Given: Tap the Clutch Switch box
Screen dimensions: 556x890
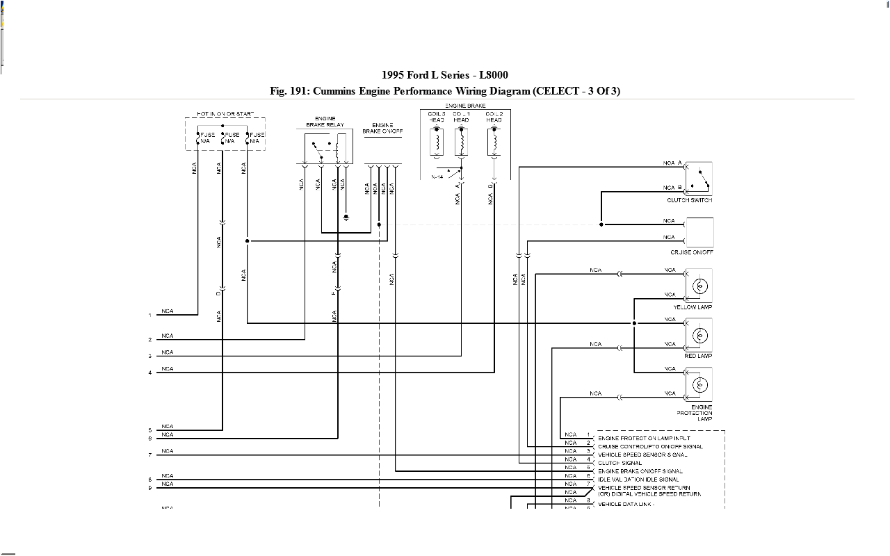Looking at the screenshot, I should tap(699, 179).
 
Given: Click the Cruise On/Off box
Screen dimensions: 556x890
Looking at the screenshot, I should tap(699, 232).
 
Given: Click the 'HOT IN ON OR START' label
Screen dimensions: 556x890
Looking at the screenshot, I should tap(225, 113).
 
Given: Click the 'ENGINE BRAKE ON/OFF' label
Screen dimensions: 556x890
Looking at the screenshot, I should tap(382, 128).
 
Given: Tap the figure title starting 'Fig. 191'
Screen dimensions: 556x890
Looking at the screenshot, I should tap(445, 91).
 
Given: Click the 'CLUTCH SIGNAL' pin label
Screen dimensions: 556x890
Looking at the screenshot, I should tap(620, 463).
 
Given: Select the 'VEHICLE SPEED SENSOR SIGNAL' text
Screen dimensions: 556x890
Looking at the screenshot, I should tap(642, 455).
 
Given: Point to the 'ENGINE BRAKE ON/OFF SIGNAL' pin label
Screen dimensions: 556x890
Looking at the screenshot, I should tap(640, 471).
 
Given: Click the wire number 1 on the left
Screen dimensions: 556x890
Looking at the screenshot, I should tap(149, 316).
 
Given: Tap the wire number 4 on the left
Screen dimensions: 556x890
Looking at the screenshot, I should tap(149, 373).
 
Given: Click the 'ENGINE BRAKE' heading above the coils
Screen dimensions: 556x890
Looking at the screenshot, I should tap(465, 106).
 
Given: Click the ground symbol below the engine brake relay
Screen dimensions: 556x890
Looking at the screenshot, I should tap(346, 218).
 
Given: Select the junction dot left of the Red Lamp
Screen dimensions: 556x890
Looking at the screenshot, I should tap(634, 323).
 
